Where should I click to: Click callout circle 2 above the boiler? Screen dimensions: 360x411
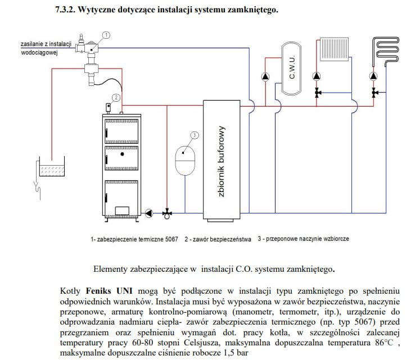coord(115,97)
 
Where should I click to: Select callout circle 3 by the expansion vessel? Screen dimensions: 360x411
coord(194,135)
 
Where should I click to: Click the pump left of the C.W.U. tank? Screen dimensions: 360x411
coord(266,77)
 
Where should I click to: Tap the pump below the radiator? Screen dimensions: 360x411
coord(318,77)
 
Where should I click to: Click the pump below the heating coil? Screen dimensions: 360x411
coord(373,77)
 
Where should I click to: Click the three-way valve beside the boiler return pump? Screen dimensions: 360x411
coord(167,213)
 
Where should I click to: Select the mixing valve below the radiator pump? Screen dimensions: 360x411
coord(318,92)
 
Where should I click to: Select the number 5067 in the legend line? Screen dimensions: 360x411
coord(170,239)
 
